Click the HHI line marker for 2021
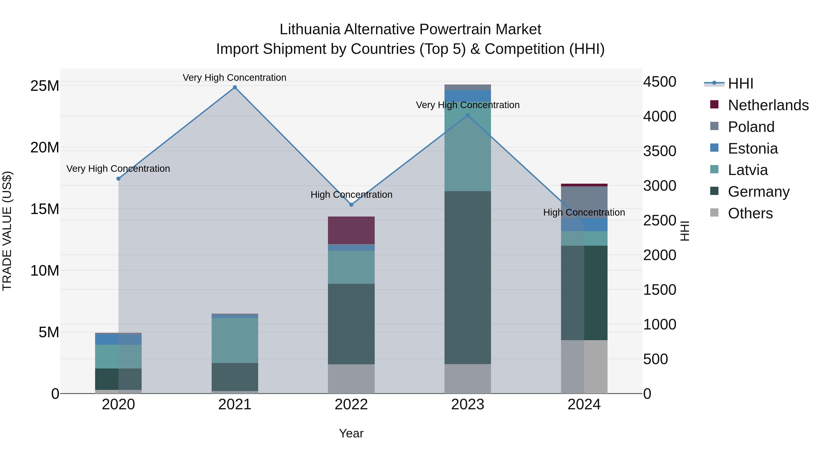(x=235, y=87)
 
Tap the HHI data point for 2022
(x=351, y=205)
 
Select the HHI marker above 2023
(x=468, y=115)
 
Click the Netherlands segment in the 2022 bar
(x=351, y=230)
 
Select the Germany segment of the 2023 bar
(x=468, y=277)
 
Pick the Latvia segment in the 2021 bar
(x=235, y=340)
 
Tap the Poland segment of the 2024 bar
(x=584, y=202)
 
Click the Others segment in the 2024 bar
(x=584, y=367)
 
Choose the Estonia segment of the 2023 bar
(x=468, y=96)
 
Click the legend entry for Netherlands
(x=768, y=105)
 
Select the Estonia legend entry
(x=753, y=149)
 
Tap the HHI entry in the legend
(x=740, y=84)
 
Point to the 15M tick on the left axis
(x=45, y=209)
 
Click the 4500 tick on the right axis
(x=659, y=82)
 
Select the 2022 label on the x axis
(x=351, y=405)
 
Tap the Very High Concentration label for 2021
(x=235, y=78)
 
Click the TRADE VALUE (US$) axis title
(x=7, y=231)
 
